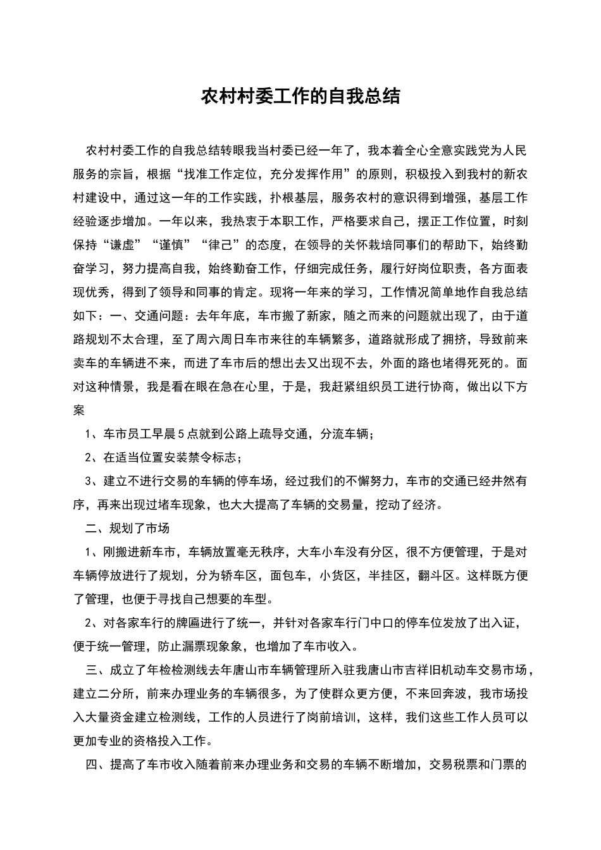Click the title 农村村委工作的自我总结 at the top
pos(300,96)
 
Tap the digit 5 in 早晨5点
pos(181,434)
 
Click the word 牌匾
pos(178,623)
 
